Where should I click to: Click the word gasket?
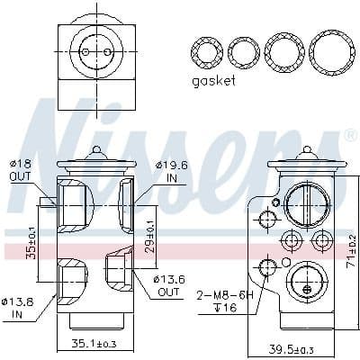[213, 81]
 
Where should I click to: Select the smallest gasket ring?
[208, 51]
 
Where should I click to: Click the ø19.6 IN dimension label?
[170, 172]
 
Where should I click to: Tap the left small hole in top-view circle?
[85, 50]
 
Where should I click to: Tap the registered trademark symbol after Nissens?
[348, 134]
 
